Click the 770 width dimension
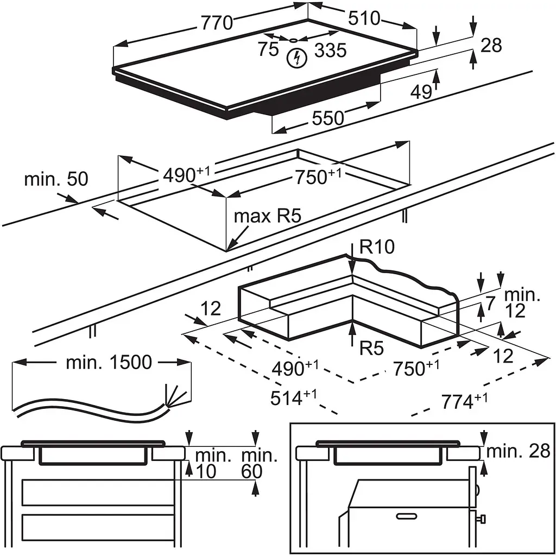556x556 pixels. tap(217, 23)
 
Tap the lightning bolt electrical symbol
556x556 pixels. tap(296, 58)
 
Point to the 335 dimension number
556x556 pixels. tap(330, 50)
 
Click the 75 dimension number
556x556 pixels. tap(268, 49)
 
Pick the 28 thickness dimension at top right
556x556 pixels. tap(491, 45)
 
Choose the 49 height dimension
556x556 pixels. tap(421, 92)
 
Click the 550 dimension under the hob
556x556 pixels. tap(327, 118)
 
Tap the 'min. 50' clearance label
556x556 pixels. tap(56, 179)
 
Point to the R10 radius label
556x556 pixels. tap(376, 248)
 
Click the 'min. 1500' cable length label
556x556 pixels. tap(109, 363)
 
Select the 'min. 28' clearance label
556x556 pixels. tap(518, 450)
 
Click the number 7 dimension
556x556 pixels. tap(490, 303)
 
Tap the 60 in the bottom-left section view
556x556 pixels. tap(251, 472)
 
